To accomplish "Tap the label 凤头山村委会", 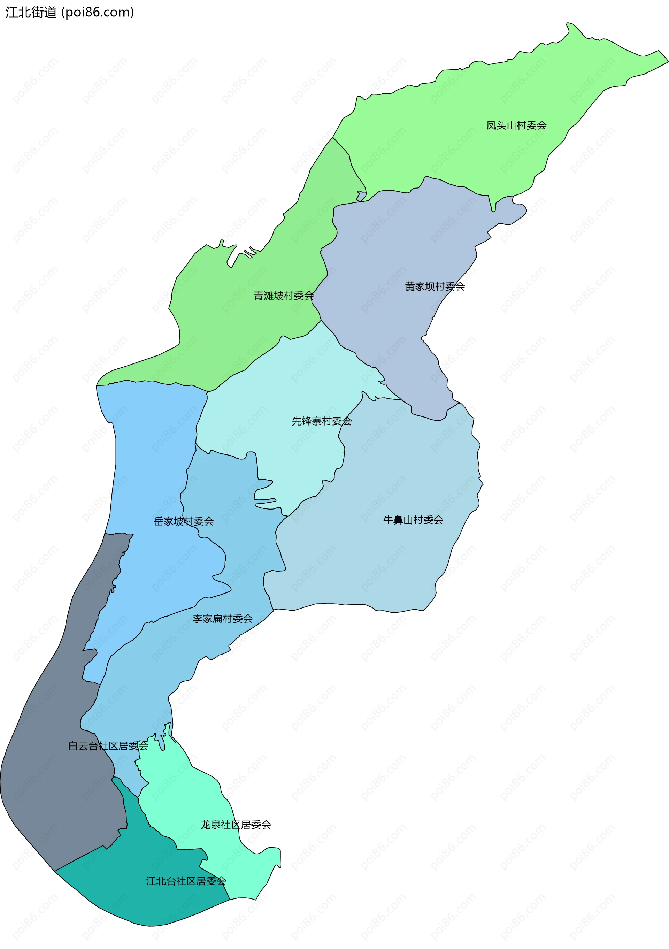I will coord(516,125).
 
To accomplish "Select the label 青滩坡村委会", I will coord(284,296).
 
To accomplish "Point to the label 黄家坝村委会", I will coord(435,286).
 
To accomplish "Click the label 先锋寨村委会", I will coord(322,421).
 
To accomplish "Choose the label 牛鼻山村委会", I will coord(413,520).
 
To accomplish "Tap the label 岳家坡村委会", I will coord(184,521).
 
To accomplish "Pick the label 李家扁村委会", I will coord(222,619).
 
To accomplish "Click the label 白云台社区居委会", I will coord(108,746).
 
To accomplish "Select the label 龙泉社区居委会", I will coord(236,825).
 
